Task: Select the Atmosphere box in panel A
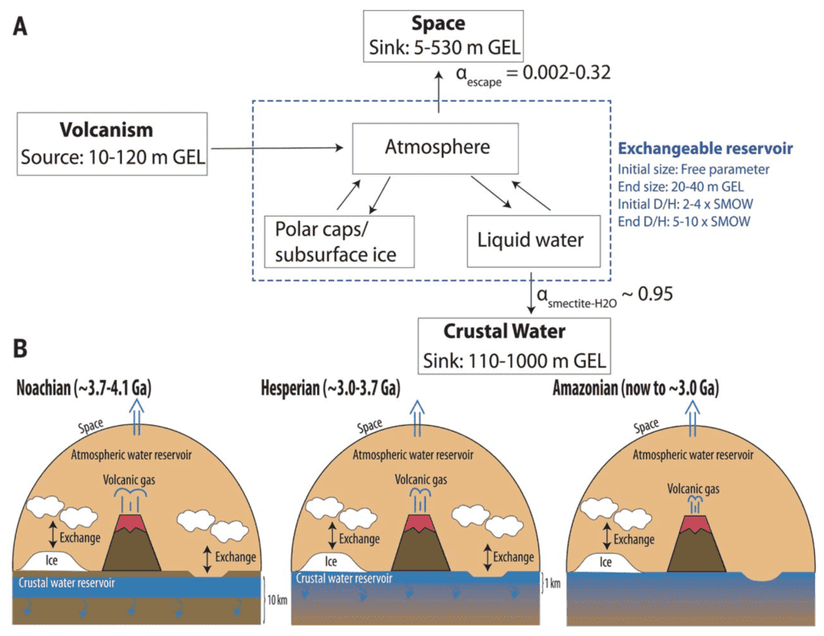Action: pyautogui.click(x=435, y=148)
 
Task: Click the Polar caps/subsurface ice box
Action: pyautogui.click(x=337, y=241)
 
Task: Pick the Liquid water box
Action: pyautogui.click(x=531, y=241)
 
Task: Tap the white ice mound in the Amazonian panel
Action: pyautogui.click(x=606, y=563)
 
